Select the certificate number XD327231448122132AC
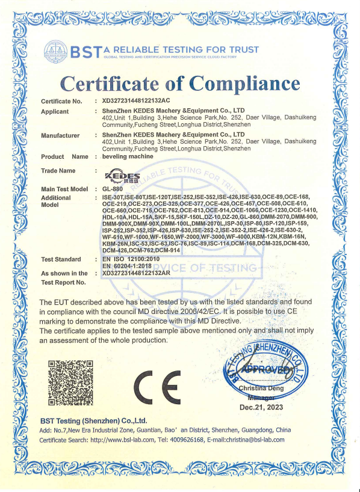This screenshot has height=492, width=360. (x=137, y=101)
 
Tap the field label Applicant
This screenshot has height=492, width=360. (x=55, y=112)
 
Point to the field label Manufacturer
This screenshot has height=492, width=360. (x=60, y=135)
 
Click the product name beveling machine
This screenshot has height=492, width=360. (x=128, y=156)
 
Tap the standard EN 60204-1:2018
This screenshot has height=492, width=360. (x=132, y=266)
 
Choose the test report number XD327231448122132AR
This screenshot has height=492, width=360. (x=137, y=273)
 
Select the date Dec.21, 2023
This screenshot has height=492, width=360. (x=261, y=407)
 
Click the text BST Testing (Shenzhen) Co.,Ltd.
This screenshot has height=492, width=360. (x=93, y=420)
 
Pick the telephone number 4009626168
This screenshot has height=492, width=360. (x=205, y=440)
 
